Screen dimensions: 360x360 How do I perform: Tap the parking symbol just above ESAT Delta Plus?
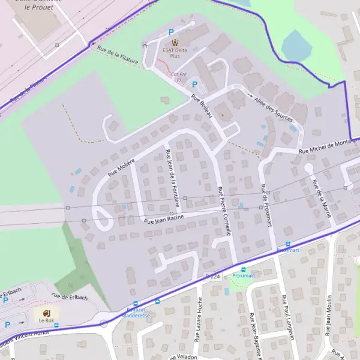[x=171, y=32]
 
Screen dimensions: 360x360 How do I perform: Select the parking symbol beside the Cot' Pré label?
[x=194, y=85]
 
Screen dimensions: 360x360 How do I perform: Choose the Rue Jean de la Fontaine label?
[x=172, y=178]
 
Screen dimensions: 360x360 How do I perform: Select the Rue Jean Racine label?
[x=163, y=220]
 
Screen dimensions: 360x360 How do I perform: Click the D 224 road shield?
[x=213, y=276]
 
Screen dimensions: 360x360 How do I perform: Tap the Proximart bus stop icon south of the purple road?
[x=243, y=269]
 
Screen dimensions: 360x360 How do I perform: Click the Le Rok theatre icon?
[x=46, y=312]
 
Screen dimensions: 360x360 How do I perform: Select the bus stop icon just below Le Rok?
[x=56, y=324]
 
